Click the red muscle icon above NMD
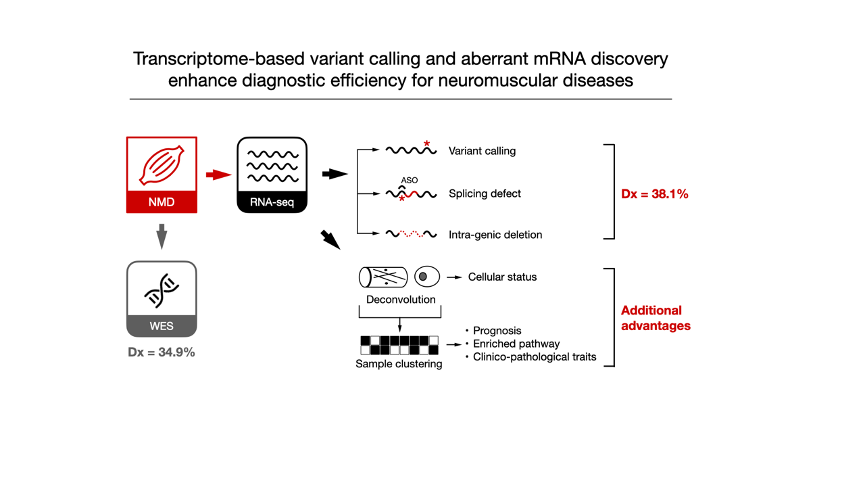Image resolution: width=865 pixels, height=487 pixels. coord(162,164)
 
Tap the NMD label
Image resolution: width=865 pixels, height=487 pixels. coord(162,202)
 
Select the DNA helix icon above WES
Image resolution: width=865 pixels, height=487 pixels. coord(162,289)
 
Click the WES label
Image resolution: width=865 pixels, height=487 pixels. coord(162,326)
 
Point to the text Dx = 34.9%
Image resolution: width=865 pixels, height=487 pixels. coord(162,352)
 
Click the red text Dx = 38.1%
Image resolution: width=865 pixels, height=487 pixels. coord(654,194)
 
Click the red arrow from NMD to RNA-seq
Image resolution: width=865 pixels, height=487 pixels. coord(218,175)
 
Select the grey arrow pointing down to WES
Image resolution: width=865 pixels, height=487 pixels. coord(162,237)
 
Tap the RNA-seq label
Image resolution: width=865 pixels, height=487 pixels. coord(272,202)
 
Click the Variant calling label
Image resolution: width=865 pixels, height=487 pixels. coord(482,151)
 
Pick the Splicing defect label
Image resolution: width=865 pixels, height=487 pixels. coord(485,194)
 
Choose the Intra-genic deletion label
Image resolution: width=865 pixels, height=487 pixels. coord(495,235)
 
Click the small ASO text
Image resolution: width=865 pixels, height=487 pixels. coord(410,181)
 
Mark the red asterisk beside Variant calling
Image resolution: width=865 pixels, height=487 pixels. coord(427,144)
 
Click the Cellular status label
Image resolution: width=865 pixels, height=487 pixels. coord(502,277)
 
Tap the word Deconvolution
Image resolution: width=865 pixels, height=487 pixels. coord(401,300)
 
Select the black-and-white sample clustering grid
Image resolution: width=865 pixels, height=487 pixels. coord(399,345)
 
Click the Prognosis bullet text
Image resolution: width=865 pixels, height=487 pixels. coord(497,331)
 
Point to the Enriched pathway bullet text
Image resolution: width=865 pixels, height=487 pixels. coord(516,344)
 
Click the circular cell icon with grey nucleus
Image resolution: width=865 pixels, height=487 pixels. coord(426,277)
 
